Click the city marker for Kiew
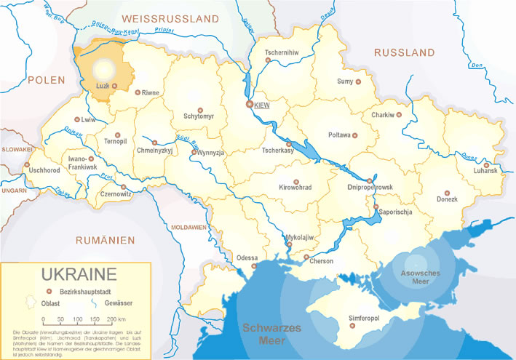pos(250,105)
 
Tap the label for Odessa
pos(246,257)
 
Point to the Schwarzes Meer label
pos(271,333)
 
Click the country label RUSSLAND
pos(404,53)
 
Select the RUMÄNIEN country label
pos(106,239)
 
